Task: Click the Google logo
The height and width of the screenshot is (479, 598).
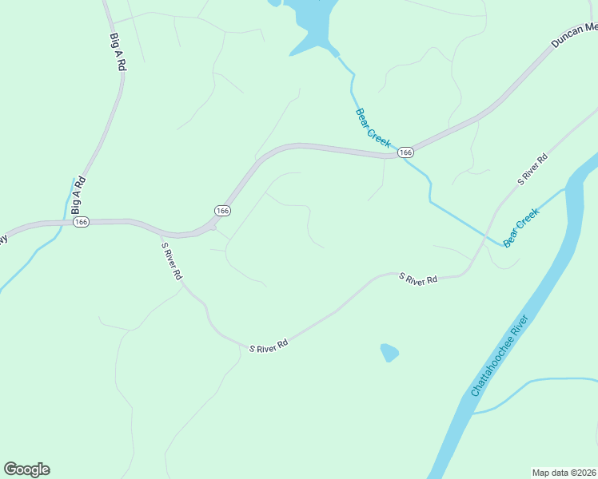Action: click(x=26, y=469)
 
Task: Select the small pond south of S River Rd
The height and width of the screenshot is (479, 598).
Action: click(x=389, y=352)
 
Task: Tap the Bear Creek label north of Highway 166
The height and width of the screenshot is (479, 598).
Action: click(x=372, y=128)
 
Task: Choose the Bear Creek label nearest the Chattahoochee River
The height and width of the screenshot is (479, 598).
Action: click(x=521, y=227)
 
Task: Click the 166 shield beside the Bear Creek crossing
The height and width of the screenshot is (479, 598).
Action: click(x=405, y=152)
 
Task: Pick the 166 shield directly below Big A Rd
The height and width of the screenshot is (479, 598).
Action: click(x=81, y=221)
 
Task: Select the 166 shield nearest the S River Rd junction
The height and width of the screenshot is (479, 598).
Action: click(x=222, y=210)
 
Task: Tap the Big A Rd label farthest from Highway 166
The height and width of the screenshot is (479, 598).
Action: click(x=116, y=53)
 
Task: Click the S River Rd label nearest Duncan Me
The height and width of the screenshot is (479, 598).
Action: click(x=533, y=168)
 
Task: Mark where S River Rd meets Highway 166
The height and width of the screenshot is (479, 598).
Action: click(x=211, y=227)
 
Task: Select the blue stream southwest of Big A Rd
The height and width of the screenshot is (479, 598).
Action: click(x=24, y=263)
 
